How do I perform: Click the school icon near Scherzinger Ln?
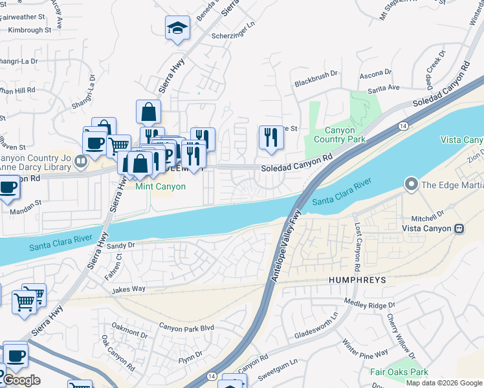pos(177,29)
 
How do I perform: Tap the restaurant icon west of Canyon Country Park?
pos(270,137)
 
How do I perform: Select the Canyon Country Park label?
pos(339,135)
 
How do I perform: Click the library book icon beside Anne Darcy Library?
pos(81,160)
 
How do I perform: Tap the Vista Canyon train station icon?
pos(460,228)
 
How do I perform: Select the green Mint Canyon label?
pos(160,186)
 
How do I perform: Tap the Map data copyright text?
pos(443,383)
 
